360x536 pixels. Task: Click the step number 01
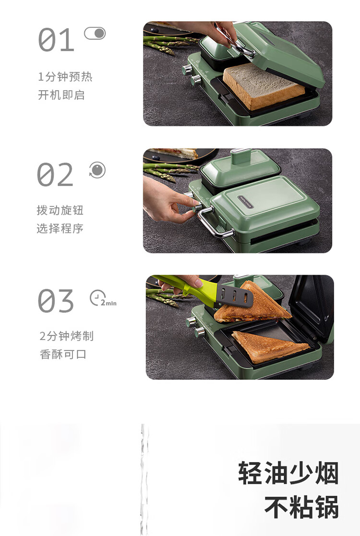tap(56, 40)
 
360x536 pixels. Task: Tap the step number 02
tap(55, 174)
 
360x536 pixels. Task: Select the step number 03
tap(56, 301)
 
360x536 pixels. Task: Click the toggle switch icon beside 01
tap(95, 34)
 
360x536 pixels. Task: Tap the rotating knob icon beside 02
tap(97, 170)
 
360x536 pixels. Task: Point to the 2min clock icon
tap(103, 298)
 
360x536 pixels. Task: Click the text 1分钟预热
tap(65, 76)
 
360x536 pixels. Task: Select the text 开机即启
tap(61, 95)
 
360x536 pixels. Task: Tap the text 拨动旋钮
tap(60, 210)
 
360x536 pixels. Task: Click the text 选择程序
tap(60, 228)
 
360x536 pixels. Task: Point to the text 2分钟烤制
tap(67, 336)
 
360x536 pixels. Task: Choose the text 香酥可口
tap(63, 354)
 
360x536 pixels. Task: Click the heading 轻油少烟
tap(288, 473)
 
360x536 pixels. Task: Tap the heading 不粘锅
tap(301, 507)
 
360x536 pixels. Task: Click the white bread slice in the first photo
tap(264, 87)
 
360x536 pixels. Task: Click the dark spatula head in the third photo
tap(235, 296)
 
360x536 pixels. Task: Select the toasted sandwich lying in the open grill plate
tap(270, 346)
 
